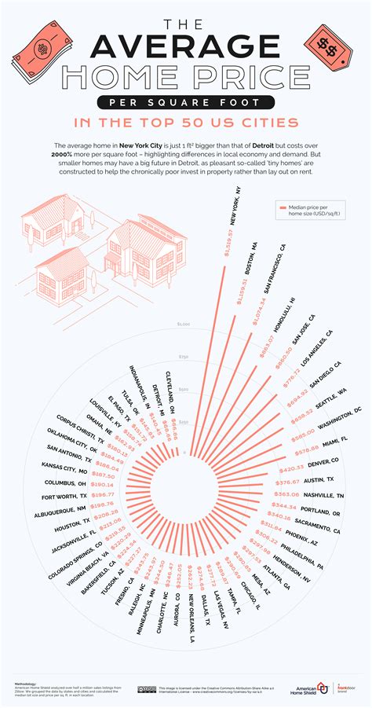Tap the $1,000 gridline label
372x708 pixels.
point(184,325)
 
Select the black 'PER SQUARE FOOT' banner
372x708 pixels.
point(185,104)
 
